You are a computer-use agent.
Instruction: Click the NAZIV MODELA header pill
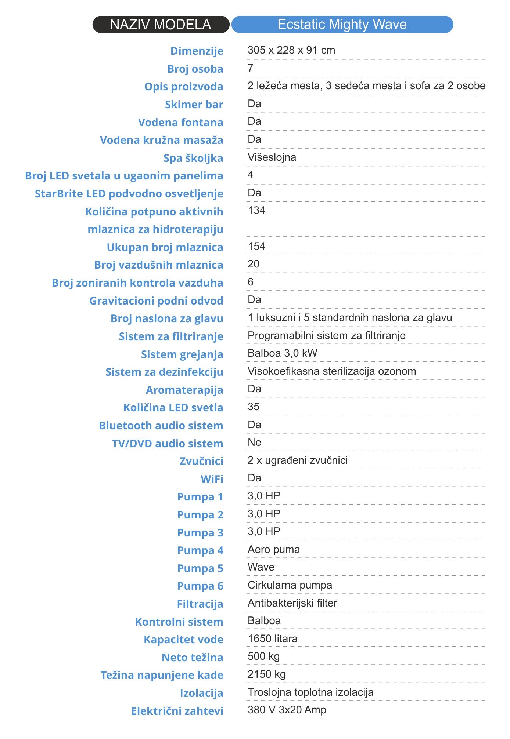[x=161, y=25]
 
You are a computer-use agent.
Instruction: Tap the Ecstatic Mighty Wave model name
[x=342, y=25]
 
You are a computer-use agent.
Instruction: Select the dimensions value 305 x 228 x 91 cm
[x=291, y=50]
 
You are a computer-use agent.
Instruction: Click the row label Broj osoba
[x=195, y=69]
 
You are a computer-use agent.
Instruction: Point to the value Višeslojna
[x=272, y=157]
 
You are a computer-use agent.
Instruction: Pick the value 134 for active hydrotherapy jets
[x=256, y=211]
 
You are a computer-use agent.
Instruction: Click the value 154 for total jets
[x=256, y=247]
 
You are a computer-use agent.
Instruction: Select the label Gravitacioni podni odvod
[x=156, y=301]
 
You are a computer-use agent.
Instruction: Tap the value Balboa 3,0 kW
[x=282, y=353]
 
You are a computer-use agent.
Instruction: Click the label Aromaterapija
[x=184, y=390]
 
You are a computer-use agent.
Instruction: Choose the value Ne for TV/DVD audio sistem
[x=254, y=443]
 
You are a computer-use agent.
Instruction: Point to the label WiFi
[x=212, y=479]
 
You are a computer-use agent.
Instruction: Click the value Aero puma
[x=273, y=550]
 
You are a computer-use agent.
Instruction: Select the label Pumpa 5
[x=200, y=568]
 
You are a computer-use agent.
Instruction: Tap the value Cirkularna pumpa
[x=290, y=585]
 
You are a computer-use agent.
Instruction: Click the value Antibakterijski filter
[x=292, y=603]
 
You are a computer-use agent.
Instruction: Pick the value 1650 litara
[x=272, y=639]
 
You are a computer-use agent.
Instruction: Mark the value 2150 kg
[x=266, y=674]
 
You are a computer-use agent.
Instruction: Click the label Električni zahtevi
[x=177, y=711]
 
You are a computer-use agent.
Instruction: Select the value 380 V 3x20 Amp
[x=287, y=710]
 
